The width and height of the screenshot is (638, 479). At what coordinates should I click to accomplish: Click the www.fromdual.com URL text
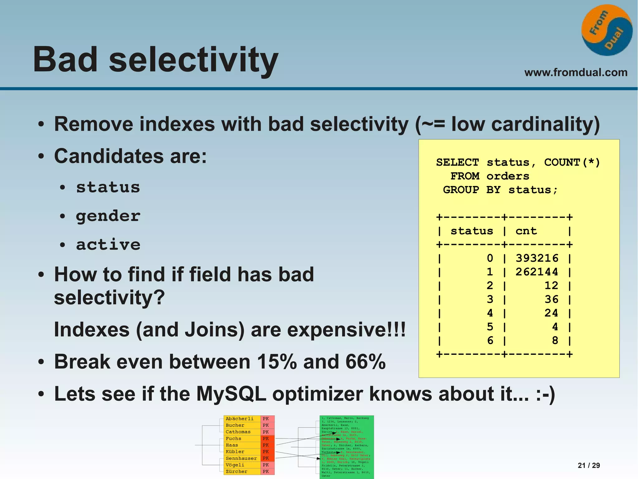tap(576, 72)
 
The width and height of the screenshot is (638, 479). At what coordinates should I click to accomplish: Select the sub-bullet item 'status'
tap(108, 187)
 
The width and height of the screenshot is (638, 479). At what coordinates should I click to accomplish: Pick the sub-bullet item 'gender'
tap(108, 216)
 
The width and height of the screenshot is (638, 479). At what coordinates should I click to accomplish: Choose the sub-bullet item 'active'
tap(108, 244)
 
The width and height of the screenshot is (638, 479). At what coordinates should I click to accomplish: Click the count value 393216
tap(537, 258)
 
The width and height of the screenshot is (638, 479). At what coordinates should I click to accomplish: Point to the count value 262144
tap(537, 272)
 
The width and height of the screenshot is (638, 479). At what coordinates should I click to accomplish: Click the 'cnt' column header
tap(526, 231)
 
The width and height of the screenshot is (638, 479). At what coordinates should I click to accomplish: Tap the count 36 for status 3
tap(551, 299)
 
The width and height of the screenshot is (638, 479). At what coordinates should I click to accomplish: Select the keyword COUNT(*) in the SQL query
tap(572, 162)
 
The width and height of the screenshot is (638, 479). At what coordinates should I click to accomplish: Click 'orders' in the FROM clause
tap(508, 176)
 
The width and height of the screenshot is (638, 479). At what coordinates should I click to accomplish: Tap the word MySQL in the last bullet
tap(231, 394)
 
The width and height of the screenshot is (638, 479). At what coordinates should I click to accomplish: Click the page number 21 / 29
tap(588, 465)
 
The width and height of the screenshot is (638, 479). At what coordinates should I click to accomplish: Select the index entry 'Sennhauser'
tap(241, 458)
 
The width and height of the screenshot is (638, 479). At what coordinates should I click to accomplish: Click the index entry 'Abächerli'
tap(239, 419)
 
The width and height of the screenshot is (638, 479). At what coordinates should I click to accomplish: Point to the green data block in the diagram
tap(346, 446)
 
